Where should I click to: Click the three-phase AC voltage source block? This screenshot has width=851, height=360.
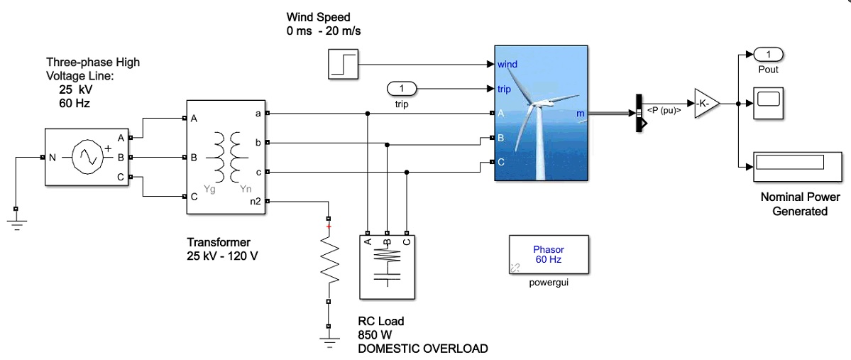(86, 158)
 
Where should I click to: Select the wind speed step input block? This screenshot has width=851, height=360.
(344, 64)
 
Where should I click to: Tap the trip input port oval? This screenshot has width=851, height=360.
(402, 89)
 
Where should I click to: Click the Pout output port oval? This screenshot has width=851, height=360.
(767, 54)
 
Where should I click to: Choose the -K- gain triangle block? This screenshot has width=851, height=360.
(706, 104)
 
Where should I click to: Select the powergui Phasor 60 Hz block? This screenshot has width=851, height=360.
(548, 254)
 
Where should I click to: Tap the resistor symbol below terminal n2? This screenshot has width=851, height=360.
(328, 258)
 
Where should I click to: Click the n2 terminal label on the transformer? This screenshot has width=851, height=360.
(256, 202)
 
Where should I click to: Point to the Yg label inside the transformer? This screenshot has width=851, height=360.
(209, 189)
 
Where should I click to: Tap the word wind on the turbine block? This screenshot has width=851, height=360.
(507, 64)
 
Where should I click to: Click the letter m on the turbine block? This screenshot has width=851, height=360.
(581, 114)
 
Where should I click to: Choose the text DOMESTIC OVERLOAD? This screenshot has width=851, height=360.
(423, 348)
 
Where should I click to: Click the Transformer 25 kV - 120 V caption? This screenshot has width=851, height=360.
(221, 249)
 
